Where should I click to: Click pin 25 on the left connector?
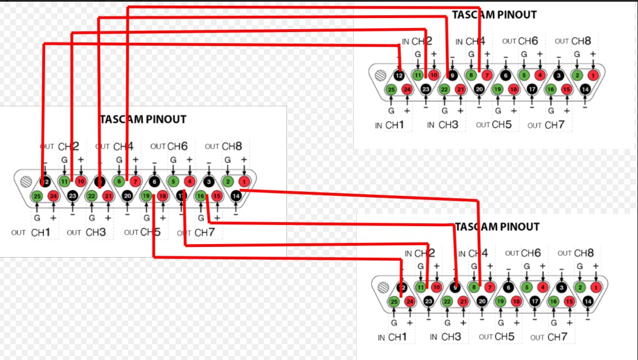[37, 196]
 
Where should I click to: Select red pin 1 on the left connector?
[244, 181]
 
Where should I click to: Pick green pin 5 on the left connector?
[173, 181]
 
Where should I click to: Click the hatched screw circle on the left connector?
[25, 182]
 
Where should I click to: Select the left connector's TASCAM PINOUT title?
[143, 119]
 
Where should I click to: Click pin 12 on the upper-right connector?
[399, 75]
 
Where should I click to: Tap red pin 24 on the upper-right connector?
[407, 89]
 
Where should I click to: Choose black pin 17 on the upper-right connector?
[533, 89]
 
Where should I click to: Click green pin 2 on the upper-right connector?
[577, 74]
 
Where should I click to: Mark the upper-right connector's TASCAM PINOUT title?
[494, 15]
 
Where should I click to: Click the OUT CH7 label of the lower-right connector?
[548, 337]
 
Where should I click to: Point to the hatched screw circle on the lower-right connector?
[385, 287]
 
